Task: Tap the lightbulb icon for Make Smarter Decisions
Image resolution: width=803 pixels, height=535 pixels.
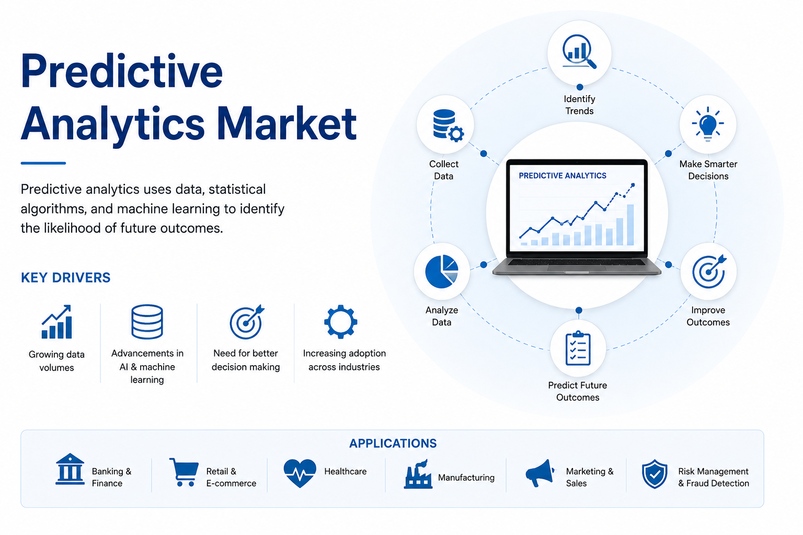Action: click(x=708, y=124)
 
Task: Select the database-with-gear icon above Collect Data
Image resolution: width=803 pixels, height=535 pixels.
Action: click(x=448, y=125)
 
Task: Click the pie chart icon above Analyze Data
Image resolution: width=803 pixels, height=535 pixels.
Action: click(x=442, y=271)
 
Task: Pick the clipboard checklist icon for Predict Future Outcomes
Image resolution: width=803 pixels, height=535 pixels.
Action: click(x=578, y=348)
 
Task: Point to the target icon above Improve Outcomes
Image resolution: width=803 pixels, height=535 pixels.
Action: click(x=709, y=271)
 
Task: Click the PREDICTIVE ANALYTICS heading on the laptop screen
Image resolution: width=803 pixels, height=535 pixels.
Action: click(x=563, y=176)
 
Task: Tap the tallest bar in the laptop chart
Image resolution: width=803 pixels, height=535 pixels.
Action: click(x=630, y=225)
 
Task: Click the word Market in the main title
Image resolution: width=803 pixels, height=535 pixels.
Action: click(x=286, y=124)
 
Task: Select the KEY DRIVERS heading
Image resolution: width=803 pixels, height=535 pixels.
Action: click(x=65, y=278)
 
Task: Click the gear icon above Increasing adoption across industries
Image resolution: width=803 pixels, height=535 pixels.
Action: click(x=340, y=321)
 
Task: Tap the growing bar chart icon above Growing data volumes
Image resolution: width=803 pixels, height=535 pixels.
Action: click(x=56, y=322)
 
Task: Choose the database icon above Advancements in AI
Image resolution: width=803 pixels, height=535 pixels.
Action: click(x=147, y=321)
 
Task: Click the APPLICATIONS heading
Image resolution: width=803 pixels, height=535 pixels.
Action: click(x=393, y=443)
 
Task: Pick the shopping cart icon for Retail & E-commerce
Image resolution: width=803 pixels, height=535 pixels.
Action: click(x=184, y=472)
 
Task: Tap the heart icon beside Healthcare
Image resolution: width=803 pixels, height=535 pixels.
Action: click(x=300, y=473)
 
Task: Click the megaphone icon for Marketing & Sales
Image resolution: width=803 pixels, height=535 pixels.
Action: click(x=540, y=473)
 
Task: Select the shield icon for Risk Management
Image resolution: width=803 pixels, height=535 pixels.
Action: click(x=655, y=474)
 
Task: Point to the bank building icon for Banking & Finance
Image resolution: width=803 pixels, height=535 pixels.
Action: click(x=70, y=469)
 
